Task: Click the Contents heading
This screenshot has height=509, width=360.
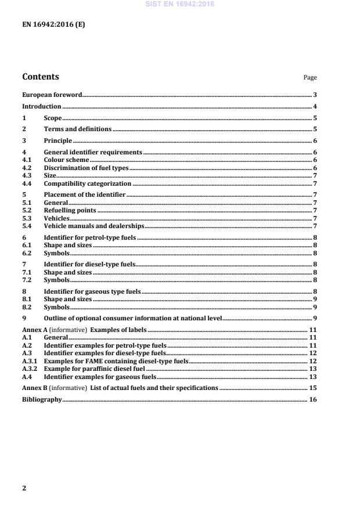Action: pyautogui.click(x=40, y=77)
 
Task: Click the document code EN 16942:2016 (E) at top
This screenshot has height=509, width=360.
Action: pyautogui.click(x=53, y=24)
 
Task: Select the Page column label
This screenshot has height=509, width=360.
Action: pyautogui.click(x=310, y=78)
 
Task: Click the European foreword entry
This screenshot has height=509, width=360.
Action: pyautogui.click(x=52, y=94)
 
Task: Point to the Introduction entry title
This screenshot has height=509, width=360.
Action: pyautogui.click(x=41, y=107)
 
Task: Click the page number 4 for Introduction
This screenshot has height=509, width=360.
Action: pyautogui.click(x=314, y=107)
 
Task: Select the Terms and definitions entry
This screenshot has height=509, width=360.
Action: pyautogui.click(x=78, y=129)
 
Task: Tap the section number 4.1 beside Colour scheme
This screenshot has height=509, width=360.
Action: pyautogui.click(x=27, y=159)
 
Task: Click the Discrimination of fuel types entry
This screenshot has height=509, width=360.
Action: pyautogui.click(x=86, y=167)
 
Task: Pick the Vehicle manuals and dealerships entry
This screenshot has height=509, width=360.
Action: pyautogui.click(x=94, y=226)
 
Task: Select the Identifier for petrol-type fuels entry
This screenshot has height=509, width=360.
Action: pyautogui.click(x=90, y=237)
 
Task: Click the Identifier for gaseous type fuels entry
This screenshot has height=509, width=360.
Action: pyautogui.click(x=92, y=291)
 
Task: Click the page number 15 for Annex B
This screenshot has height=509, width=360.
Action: pyautogui.click(x=312, y=387)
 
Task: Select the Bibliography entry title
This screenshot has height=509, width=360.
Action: pyautogui.click(x=42, y=400)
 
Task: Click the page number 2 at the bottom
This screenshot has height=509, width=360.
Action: pyautogui.click(x=24, y=488)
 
